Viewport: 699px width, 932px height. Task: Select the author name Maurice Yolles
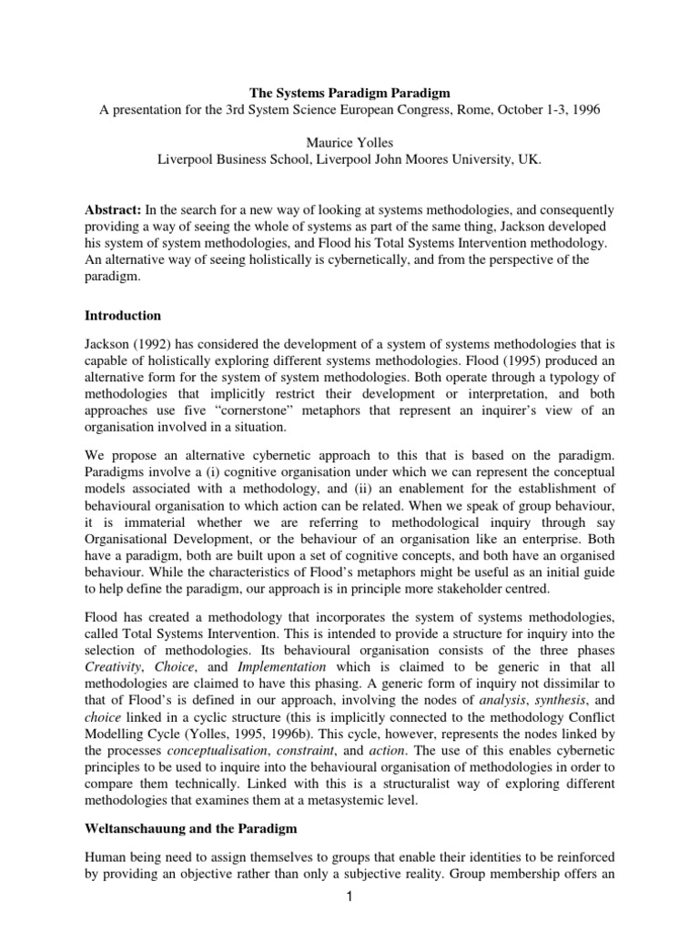[349, 143]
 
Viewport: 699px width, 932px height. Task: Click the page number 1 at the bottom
[349, 912]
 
